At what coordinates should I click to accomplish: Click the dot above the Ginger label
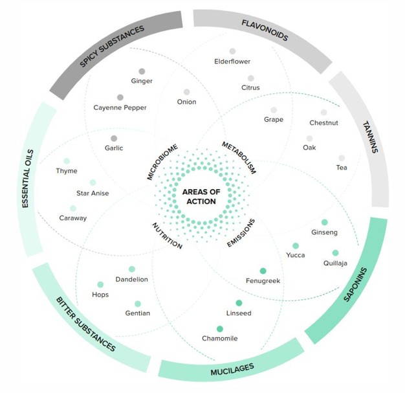[x=142, y=71]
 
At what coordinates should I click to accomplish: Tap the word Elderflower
[x=232, y=62]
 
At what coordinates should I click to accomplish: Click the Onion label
[x=186, y=102]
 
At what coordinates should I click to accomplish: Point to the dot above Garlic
[x=114, y=138]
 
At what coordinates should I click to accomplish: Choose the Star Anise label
[x=93, y=193]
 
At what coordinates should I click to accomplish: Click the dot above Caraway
[x=73, y=208]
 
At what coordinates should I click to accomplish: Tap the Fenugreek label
[x=263, y=280]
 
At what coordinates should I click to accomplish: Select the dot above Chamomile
[x=220, y=328]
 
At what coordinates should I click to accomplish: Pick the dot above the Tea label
[x=341, y=157]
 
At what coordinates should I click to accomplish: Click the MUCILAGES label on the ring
[x=232, y=369]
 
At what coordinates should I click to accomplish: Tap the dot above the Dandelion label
[x=132, y=269]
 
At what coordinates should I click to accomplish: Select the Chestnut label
[x=323, y=123]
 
